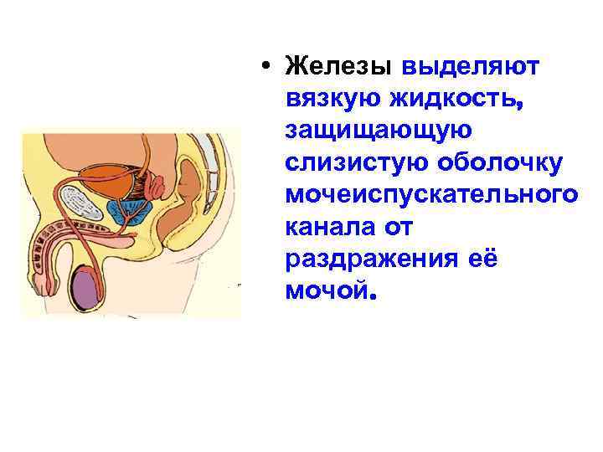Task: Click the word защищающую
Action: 379,131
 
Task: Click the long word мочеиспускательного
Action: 430,196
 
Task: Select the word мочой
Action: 325,292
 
